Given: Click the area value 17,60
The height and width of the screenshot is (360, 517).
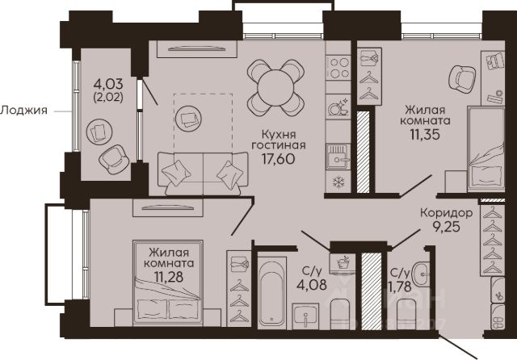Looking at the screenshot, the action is point(278,159).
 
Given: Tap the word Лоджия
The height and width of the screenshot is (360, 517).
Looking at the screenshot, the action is point(23,111).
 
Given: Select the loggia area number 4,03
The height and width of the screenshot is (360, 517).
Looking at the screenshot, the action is point(108,84).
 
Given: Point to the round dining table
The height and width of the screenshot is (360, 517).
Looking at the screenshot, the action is point(275,88).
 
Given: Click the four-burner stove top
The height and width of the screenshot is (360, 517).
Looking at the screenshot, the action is point(338,68).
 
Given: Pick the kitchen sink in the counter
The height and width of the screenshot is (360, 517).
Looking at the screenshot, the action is point(338,157).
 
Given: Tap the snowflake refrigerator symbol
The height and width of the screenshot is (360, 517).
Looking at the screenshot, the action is point(338,182).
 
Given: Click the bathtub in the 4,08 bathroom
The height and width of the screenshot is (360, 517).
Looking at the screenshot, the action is point(271,292).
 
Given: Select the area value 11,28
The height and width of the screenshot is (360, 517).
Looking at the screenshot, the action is point(169,277).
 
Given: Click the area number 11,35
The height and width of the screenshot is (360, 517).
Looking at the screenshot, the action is point(426,134).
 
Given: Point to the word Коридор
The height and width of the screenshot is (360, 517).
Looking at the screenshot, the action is point(447,213).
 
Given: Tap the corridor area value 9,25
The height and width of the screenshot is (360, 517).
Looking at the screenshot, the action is point(447,227).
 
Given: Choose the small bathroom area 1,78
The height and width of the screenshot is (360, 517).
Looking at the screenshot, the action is point(400,287).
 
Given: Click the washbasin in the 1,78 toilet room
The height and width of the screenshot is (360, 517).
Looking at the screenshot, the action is point(421,274).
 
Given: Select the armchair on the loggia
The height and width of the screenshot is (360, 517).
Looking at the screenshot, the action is point(114,159).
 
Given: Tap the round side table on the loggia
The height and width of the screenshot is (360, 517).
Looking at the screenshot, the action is point(99,132).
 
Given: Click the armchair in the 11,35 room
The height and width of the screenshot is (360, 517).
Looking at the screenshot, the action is point(462,79).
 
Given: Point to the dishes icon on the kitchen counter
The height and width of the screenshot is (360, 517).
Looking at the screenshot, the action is point(338,107).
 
